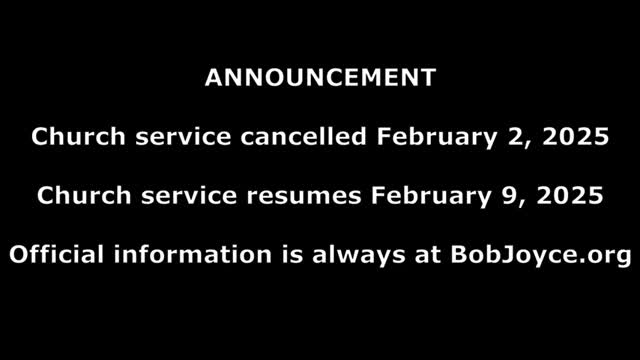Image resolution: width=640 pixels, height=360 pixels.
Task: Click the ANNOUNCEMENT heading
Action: [x=320, y=78]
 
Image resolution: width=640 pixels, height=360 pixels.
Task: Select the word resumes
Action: [x=312, y=196]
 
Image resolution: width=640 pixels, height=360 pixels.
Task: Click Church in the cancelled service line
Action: [x=69, y=138]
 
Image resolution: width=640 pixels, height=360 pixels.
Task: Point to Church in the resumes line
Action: [x=74, y=196]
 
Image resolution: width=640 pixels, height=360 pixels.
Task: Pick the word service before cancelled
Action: [x=181, y=138]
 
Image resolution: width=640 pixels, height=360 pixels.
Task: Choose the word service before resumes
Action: [x=186, y=196]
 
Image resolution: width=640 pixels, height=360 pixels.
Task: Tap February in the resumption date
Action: [x=426, y=196]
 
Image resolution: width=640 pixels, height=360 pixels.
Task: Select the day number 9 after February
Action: [x=502, y=196]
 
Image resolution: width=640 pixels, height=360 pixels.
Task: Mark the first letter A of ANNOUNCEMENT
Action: [x=212, y=78]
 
